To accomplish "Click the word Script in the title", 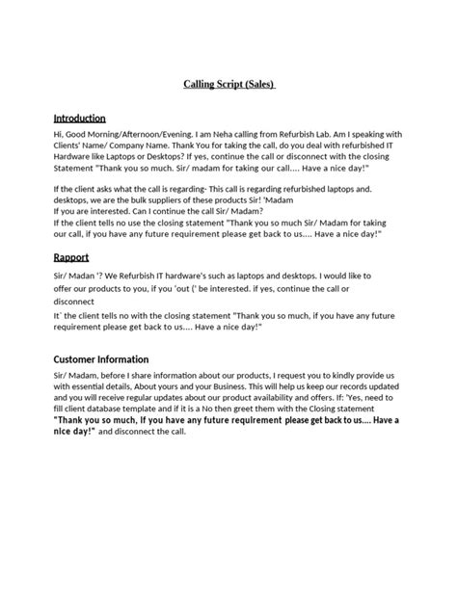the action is pos(228,84).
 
